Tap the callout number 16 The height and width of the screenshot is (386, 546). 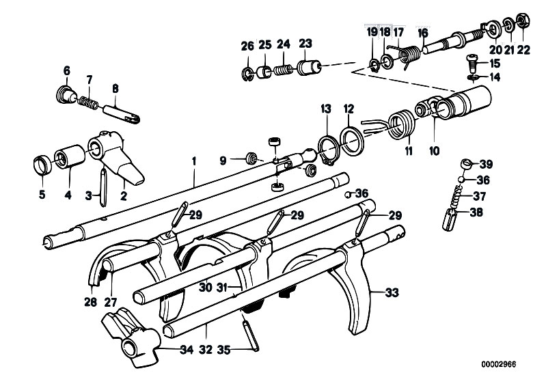click(x=423, y=32)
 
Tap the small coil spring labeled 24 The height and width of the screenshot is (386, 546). click(x=284, y=70)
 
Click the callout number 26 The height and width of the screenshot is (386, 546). click(x=247, y=46)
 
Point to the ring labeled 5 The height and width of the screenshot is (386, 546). click(x=42, y=165)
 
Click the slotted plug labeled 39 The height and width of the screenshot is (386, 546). click(x=467, y=165)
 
